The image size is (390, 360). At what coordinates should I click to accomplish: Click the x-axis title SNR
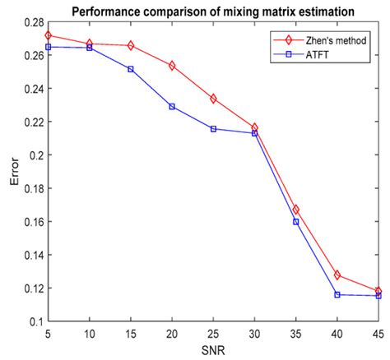click(213, 352)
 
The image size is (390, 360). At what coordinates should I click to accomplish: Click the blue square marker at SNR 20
click(172, 107)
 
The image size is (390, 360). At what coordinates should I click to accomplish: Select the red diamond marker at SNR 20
click(172, 65)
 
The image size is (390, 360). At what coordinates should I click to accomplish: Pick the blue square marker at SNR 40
click(337, 294)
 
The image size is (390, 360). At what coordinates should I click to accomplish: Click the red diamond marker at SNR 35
click(296, 210)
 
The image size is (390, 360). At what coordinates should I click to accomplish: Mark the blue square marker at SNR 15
click(131, 69)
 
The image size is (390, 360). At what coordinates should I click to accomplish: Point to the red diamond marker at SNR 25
click(213, 99)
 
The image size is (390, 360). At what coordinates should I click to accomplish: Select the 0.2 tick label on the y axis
click(34, 155)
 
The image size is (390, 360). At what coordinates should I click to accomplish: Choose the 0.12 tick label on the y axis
click(30, 288)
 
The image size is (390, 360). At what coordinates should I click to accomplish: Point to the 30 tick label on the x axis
click(254, 335)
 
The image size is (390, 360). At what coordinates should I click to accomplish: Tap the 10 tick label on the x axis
click(89, 335)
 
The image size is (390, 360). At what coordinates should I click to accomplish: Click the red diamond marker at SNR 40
click(337, 275)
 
